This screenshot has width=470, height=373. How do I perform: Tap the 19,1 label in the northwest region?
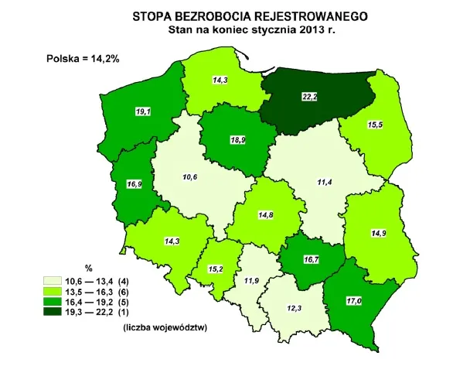(142, 112)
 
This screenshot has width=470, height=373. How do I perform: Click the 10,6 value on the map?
(190, 178)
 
